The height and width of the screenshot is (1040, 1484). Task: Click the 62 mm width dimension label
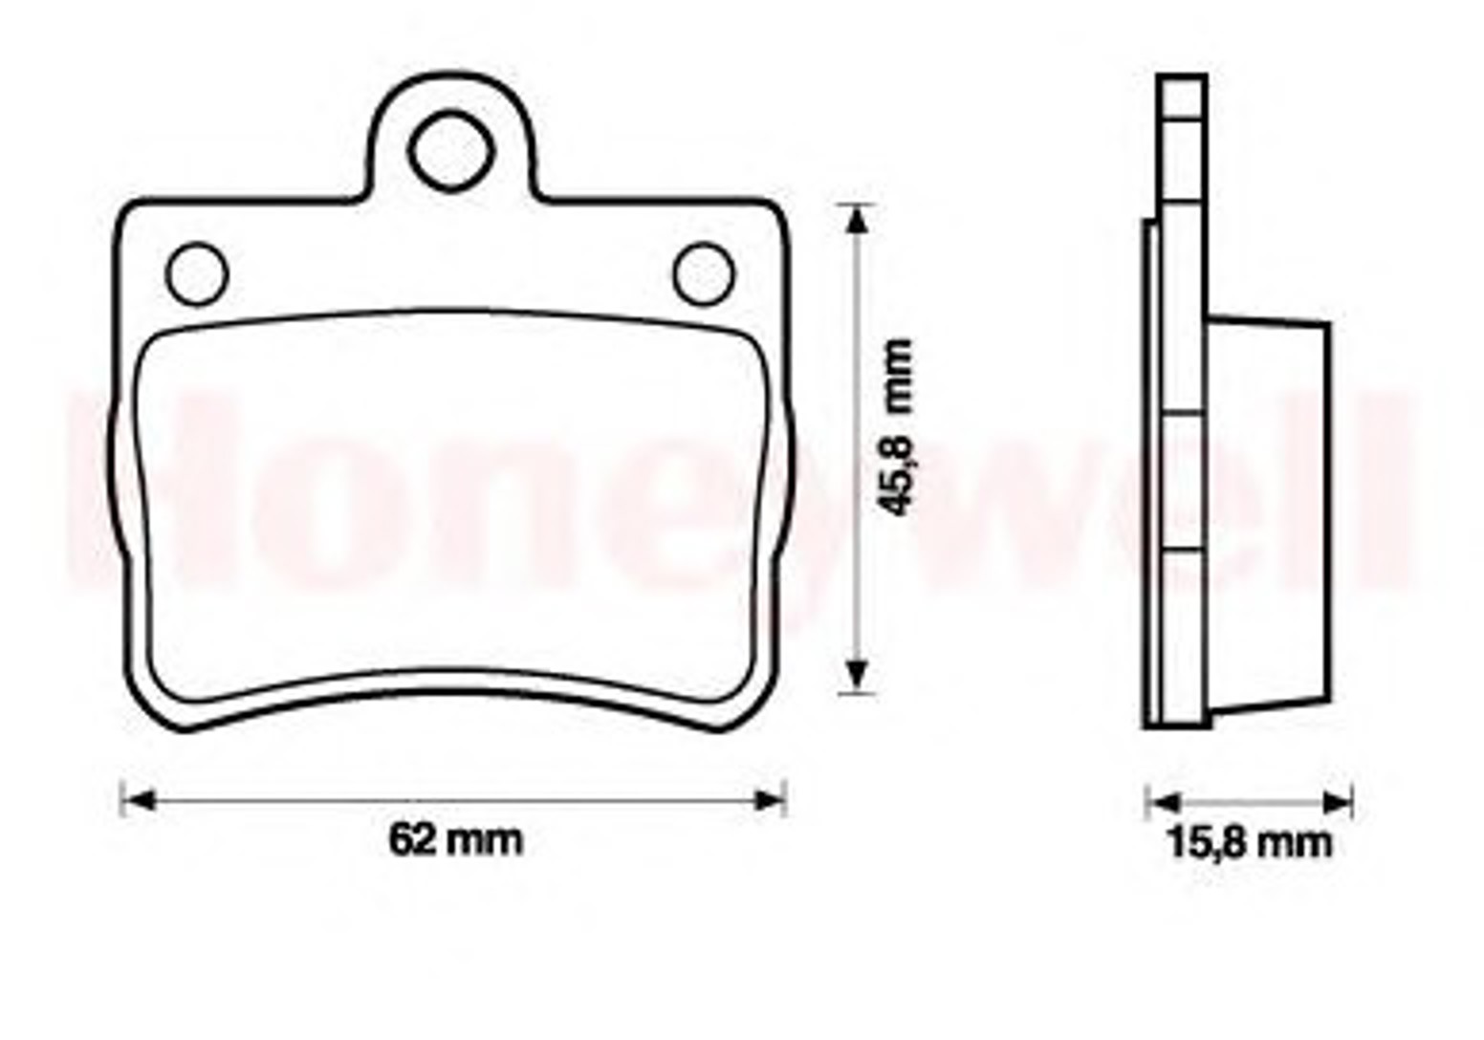click(456, 840)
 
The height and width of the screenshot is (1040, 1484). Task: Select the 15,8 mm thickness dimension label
click(1249, 844)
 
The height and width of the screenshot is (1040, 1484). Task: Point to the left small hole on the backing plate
click(197, 274)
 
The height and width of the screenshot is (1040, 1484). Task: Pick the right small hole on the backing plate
click(705, 274)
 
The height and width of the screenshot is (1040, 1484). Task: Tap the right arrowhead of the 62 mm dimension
click(769, 800)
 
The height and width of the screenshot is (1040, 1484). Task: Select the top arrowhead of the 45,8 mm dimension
click(858, 220)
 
